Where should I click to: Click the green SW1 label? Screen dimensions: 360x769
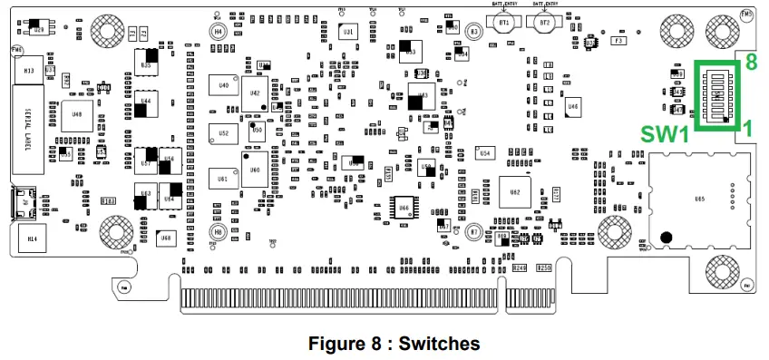pyautogui.click(x=665, y=134)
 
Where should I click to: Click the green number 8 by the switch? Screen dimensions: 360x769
pyautogui.click(x=750, y=62)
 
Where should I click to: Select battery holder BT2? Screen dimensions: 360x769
pyautogui.click(x=545, y=24)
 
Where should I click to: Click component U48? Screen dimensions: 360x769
pyautogui.click(x=77, y=115)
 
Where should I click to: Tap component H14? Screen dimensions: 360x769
pyautogui.click(x=33, y=238)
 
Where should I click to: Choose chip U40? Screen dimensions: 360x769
pyautogui.click(x=223, y=85)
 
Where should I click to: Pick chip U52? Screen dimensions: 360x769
pyautogui.click(x=223, y=132)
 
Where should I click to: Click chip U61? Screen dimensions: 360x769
pyautogui.click(x=223, y=180)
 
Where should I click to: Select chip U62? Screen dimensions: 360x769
pyautogui.click(x=515, y=192)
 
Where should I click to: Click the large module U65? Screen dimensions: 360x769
pyautogui.click(x=699, y=198)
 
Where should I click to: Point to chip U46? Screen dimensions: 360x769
pyautogui.click(x=572, y=107)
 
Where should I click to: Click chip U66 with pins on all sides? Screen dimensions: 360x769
pyautogui.click(x=404, y=208)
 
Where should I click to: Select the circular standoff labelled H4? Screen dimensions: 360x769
pyautogui.click(x=219, y=31)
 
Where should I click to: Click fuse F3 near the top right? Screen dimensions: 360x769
pyautogui.click(x=618, y=41)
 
